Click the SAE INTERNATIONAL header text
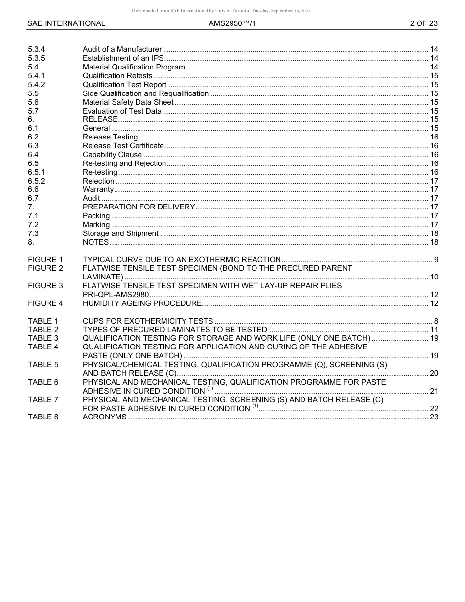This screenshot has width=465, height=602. coord(66,23)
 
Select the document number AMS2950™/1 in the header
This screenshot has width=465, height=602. coord(232,23)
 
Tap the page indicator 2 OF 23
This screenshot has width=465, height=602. coord(423,23)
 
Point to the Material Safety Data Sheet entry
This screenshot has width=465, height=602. coord(128,102)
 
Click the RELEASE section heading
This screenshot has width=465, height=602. coord(100,119)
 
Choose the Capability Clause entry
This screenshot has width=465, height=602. coord(112,155)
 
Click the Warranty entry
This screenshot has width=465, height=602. coord(98,189)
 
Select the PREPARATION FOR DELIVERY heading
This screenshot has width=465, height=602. coord(139,207)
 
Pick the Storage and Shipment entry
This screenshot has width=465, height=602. coord(120,233)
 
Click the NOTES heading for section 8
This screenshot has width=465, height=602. coord(95,242)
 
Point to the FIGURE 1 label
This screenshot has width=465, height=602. coord(46,260)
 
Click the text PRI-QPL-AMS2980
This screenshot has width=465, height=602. coord(116,295)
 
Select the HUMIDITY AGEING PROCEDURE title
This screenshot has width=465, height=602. coord(142,303)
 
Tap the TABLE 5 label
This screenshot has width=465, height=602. coord(43,365)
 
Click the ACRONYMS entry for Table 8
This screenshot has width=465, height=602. coord(104,417)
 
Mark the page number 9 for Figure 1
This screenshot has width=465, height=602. coord(436,260)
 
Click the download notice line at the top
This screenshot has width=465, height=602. coord(221,11)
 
